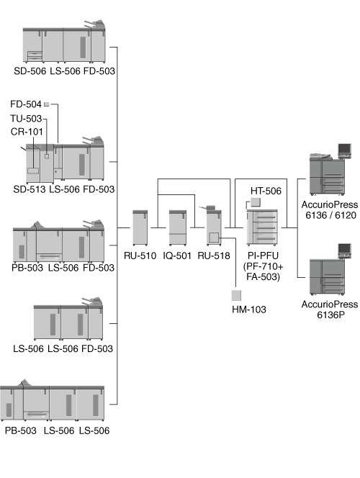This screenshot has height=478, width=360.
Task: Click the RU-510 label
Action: (140, 256)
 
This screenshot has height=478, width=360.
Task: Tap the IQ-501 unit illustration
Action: (177, 227)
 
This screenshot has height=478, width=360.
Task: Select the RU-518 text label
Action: (214, 256)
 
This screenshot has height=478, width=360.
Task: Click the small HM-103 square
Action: (236, 295)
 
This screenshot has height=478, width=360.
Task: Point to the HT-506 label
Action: (266, 191)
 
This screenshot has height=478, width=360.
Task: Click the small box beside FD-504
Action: (47, 104)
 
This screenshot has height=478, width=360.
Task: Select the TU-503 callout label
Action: (26, 118)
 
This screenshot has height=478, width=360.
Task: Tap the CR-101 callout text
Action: (27, 132)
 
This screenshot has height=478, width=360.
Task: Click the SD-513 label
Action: (30, 189)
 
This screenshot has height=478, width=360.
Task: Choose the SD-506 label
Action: (30, 71)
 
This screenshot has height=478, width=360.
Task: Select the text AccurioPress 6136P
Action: (330, 310)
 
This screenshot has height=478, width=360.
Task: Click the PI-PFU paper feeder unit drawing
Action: (262, 227)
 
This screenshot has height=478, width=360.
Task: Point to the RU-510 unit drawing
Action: (140, 227)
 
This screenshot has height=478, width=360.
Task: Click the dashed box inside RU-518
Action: (214, 238)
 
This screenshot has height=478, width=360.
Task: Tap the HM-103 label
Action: (248, 310)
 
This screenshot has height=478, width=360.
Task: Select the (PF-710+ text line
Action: (263, 266)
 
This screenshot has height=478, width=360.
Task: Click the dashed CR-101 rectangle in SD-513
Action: (33, 171)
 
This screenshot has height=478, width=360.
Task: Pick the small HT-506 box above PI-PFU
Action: (256, 202)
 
